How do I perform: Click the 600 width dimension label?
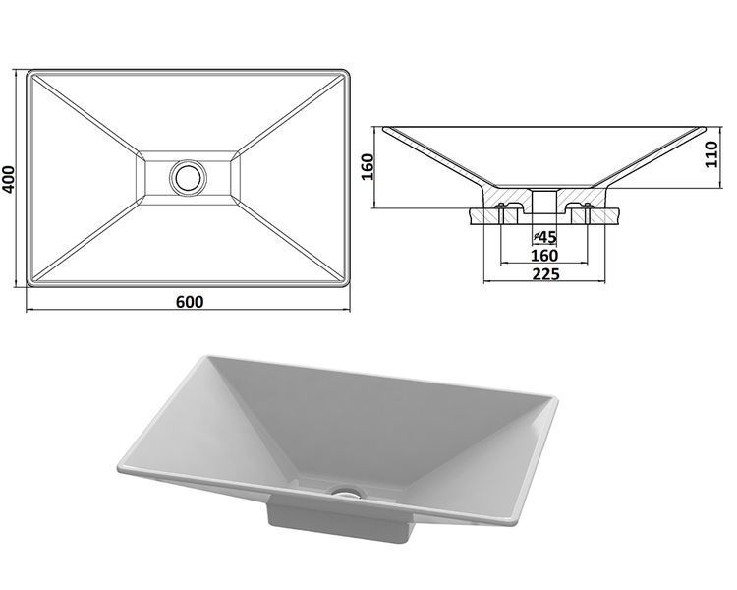(x=190, y=302)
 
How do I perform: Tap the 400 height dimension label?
(x=9, y=179)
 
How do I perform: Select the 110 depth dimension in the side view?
(x=711, y=153)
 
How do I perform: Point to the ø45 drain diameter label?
(x=545, y=237)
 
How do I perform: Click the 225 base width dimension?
(x=545, y=273)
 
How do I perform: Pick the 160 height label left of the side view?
(x=367, y=166)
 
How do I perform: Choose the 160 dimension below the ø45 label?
(x=544, y=256)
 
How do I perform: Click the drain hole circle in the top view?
(x=188, y=177)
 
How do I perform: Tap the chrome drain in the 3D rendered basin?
(x=348, y=493)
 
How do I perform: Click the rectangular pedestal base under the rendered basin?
(x=339, y=521)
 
